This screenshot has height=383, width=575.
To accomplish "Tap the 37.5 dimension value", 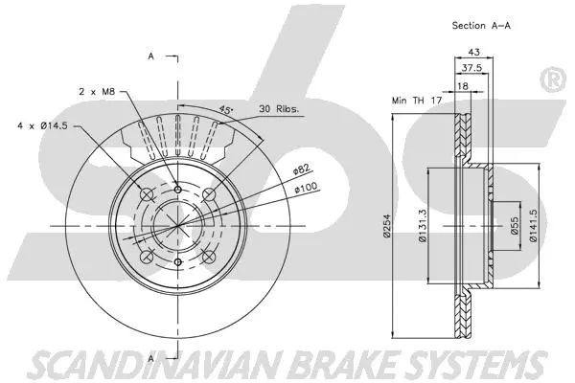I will tap(471, 68).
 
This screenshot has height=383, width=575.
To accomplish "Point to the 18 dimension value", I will tap(463, 85).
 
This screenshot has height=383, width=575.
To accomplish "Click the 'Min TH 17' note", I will tap(416, 99).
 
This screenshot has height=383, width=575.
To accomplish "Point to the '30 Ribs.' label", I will tap(279, 109).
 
